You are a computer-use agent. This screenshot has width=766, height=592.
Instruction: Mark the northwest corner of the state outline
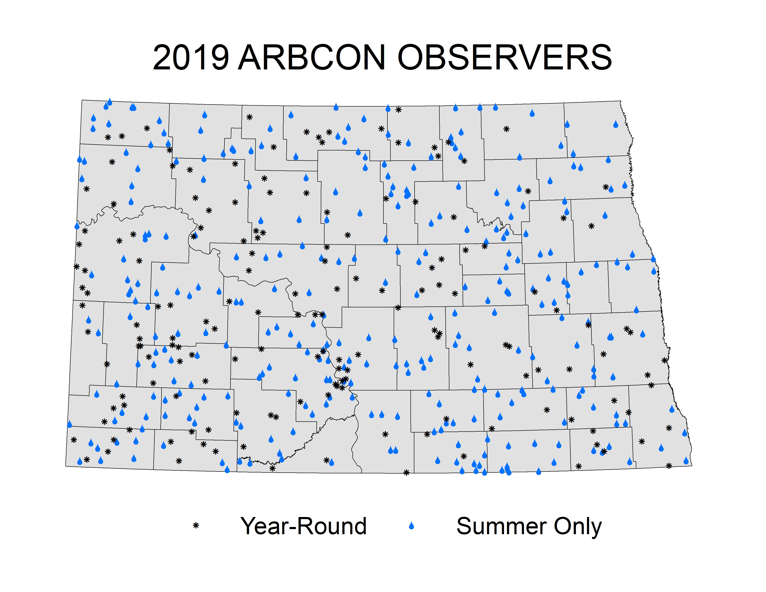(82, 100)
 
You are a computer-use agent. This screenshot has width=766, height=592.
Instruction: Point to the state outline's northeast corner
(620, 101)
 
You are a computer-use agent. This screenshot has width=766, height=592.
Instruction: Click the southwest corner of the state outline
(66, 466)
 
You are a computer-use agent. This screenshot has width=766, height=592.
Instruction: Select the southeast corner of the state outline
(692, 465)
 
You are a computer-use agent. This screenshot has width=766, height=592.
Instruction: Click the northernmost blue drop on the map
(110, 102)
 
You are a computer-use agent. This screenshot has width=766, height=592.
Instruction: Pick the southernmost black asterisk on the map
(406, 473)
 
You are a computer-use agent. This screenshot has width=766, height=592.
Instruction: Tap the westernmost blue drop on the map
(69, 424)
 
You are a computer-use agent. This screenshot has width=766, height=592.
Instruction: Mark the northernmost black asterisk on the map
(398, 110)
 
